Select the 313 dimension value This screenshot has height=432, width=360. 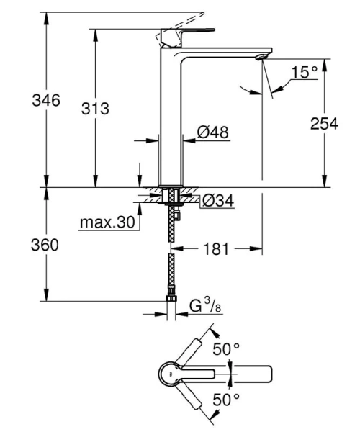(94, 109)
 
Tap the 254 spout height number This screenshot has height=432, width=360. (324, 123)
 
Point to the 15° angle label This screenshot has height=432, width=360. (305, 72)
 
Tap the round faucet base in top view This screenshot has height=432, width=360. (168, 374)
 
